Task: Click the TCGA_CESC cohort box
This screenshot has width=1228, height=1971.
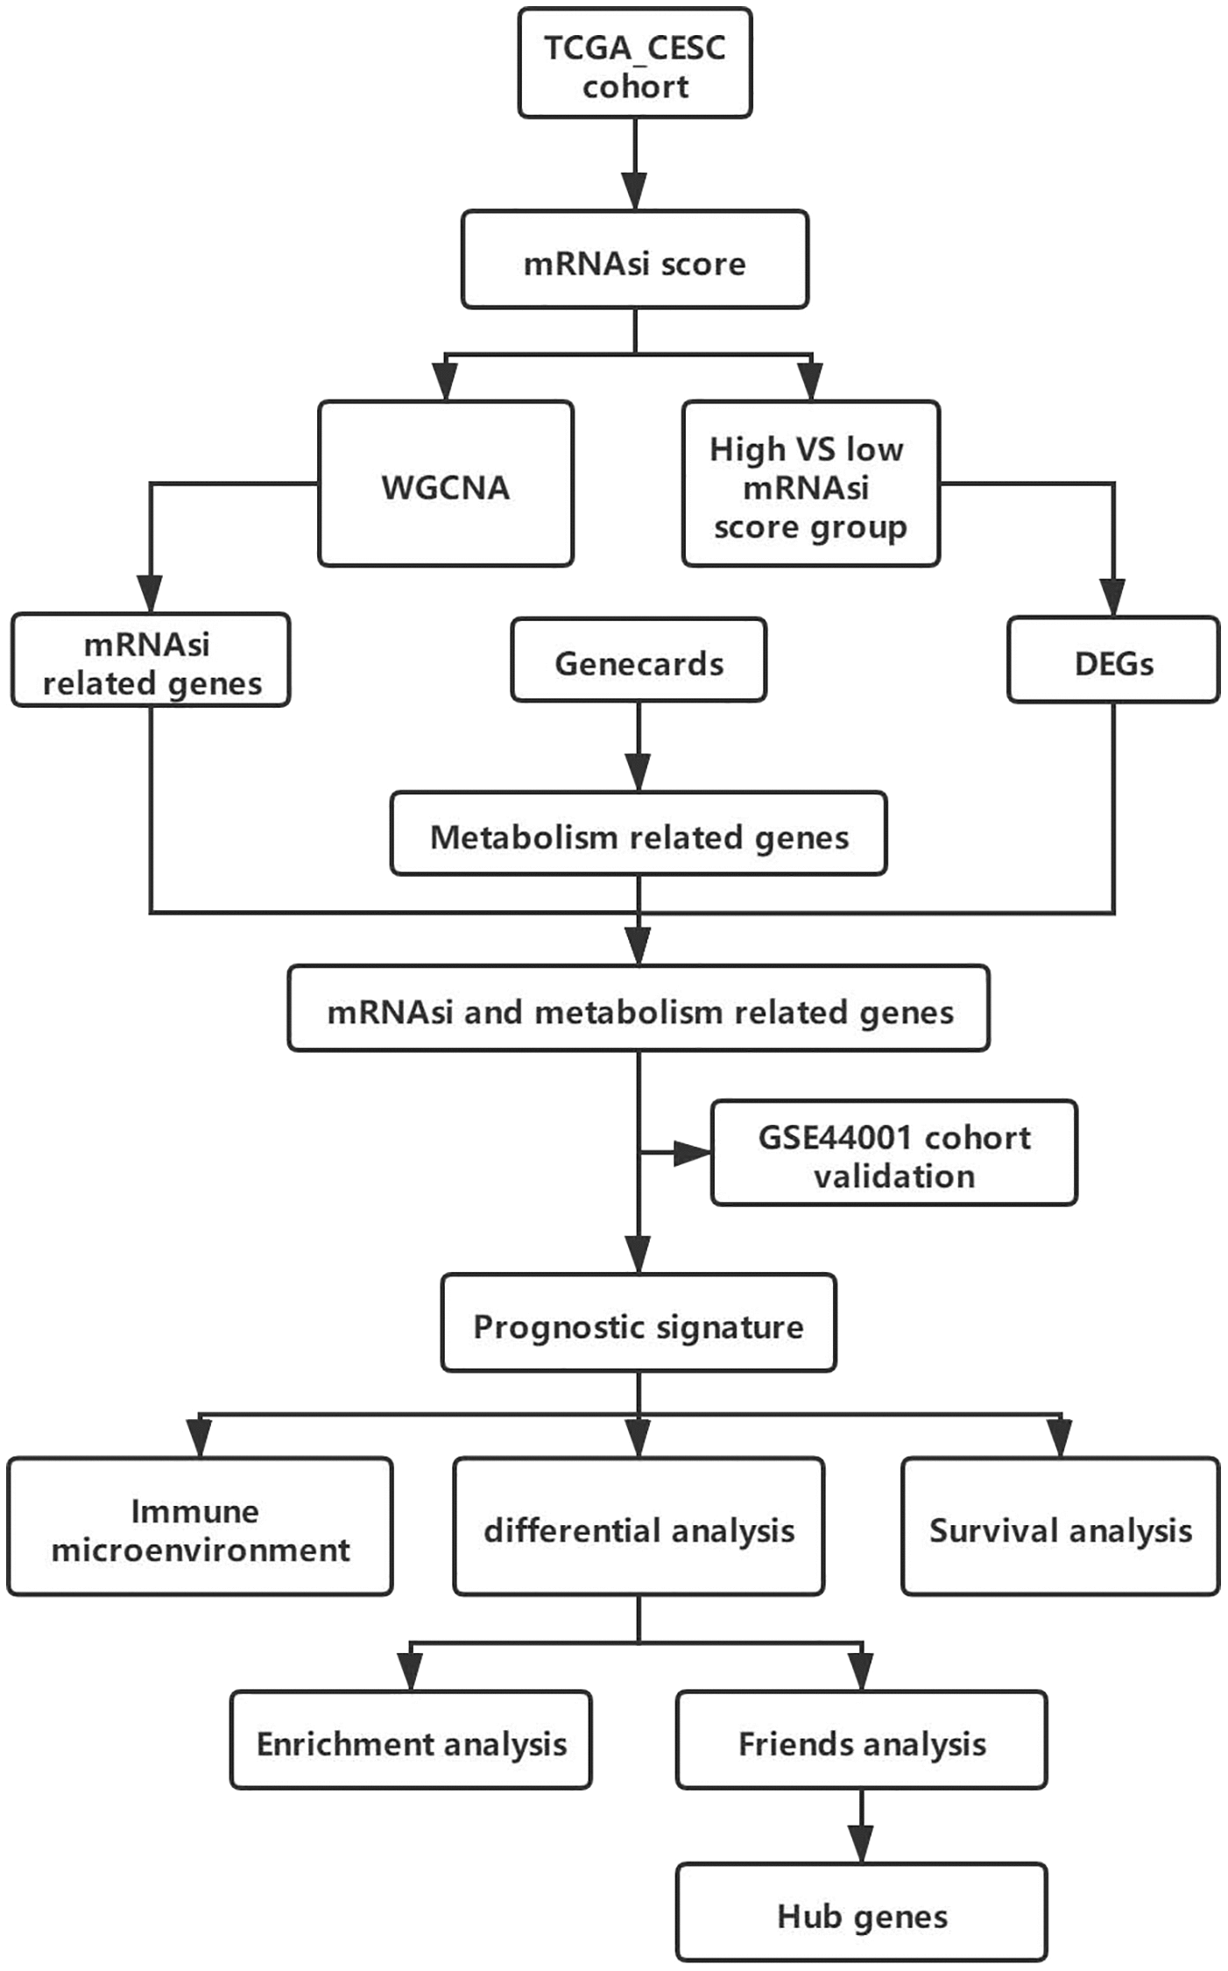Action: coord(635,63)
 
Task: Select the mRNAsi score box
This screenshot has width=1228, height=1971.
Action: coord(635,260)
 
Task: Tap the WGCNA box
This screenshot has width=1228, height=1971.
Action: coord(446,484)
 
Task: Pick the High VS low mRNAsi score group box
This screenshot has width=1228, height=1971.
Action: coord(810,484)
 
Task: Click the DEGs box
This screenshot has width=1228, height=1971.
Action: coord(1113,661)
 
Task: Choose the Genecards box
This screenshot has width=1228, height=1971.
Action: coord(639,661)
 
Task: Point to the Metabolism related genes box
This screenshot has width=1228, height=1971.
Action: coord(639,834)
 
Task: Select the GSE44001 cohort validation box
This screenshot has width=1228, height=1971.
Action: coord(894,1154)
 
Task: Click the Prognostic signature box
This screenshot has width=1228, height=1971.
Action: coord(639,1324)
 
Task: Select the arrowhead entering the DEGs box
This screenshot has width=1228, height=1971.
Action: coord(1113,597)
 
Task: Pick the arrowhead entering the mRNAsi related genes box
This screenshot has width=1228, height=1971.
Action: coord(151,594)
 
